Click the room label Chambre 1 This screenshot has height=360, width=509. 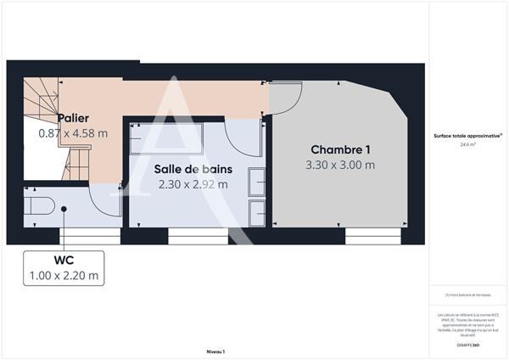pyautogui.click(x=338, y=149)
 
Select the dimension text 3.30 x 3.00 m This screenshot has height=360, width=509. pyautogui.click(x=339, y=165)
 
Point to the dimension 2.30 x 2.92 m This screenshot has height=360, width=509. pyautogui.click(x=192, y=183)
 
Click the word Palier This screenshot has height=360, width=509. pyautogui.click(x=74, y=118)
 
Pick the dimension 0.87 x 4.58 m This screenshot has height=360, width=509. pyautogui.click(x=73, y=133)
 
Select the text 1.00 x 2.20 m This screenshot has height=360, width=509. pyautogui.click(x=62, y=275)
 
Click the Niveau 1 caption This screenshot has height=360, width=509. pyautogui.click(x=215, y=351)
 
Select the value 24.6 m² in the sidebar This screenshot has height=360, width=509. pyautogui.click(x=467, y=145)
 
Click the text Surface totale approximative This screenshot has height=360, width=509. pyautogui.click(x=467, y=136)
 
